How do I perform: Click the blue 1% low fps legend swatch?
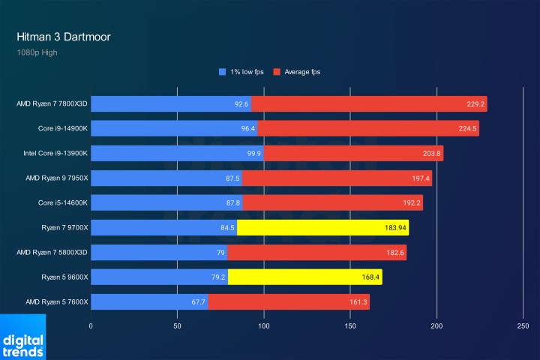click(222, 72)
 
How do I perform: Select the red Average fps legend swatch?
click(276, 72)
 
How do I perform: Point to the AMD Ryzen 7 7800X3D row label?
click(52, 104)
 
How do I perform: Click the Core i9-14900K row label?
click(64, 129)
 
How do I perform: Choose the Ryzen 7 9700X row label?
click(65, 227)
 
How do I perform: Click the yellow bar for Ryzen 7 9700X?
click(322, 227)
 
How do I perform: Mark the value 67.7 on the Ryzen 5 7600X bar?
click(198, 301)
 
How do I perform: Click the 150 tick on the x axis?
click(350, 326)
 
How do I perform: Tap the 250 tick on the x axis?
click(523, 326)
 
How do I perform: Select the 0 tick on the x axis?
click(91, 326)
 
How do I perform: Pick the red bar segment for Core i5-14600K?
click(332, 202)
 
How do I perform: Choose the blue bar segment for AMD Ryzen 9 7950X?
click(166, 178)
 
